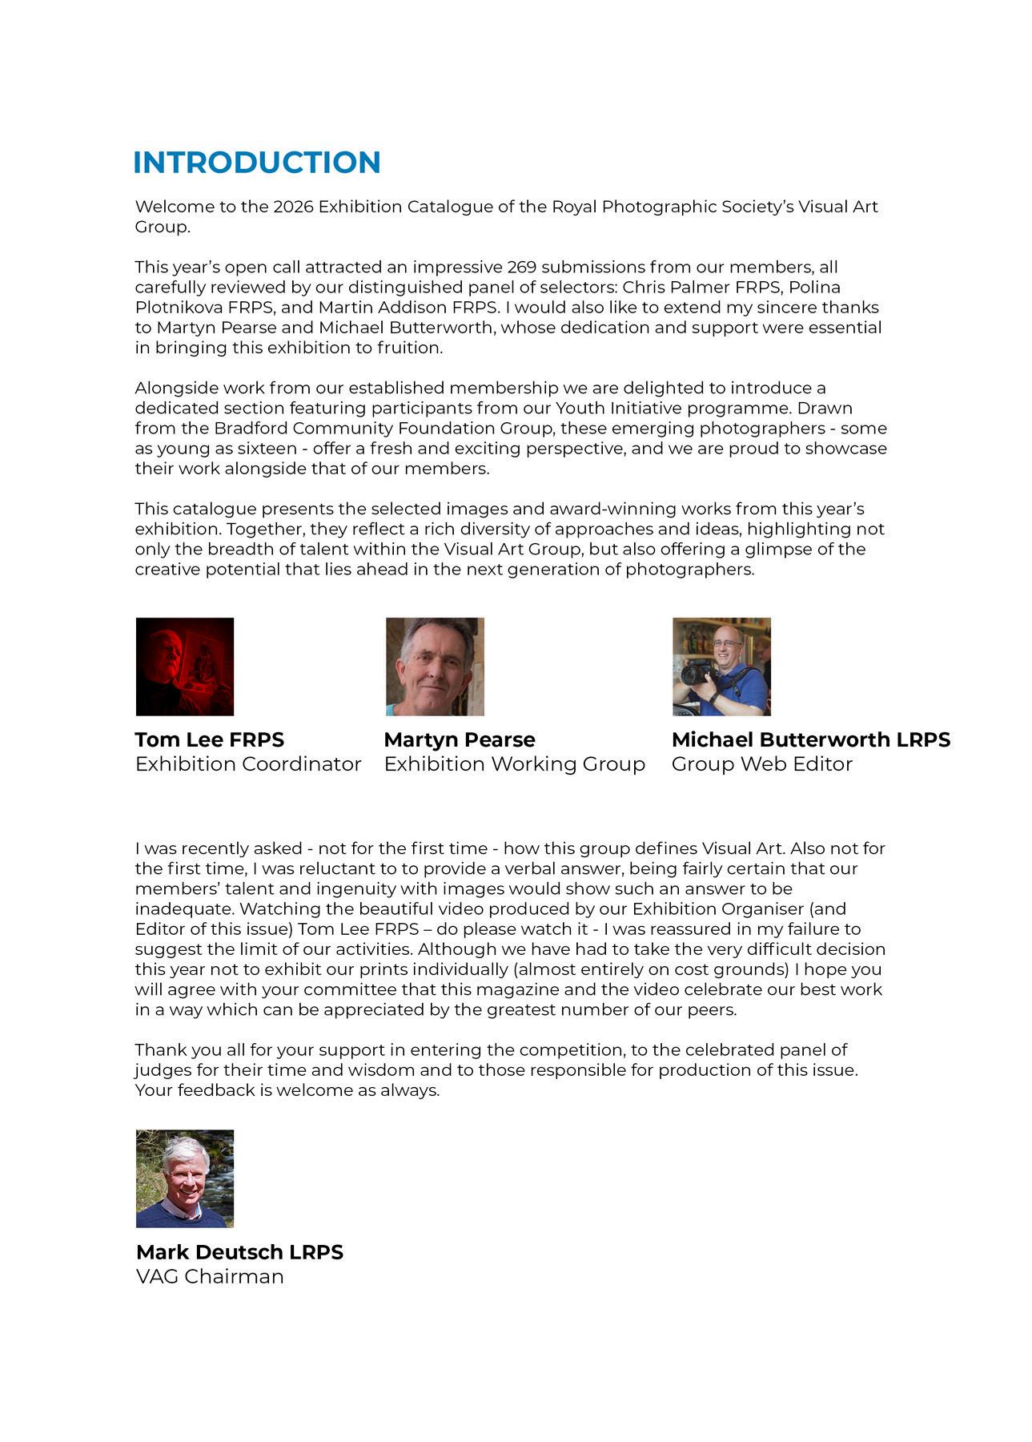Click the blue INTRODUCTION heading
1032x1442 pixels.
coord(256,163)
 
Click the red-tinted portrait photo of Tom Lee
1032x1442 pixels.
coord(185,667)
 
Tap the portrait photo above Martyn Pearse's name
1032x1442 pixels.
coord(435,667)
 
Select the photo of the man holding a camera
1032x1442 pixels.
coord(721,667)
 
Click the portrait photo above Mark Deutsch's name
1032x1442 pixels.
coord(185,1178)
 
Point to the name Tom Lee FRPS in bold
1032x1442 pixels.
coord(210,739)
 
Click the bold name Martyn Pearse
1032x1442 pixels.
coord(460,739)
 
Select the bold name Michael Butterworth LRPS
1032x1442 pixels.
coord(810,739)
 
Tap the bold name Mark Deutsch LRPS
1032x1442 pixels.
coord(239,1252)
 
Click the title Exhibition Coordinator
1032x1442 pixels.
coord(248,764)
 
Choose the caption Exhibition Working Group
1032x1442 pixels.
coord(515,764)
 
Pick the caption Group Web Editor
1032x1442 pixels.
coord(761,764)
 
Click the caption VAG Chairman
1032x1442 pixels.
coord(210,1277)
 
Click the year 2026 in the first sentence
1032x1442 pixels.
coord(293,207)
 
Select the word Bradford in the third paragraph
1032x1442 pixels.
coord(245,428)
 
